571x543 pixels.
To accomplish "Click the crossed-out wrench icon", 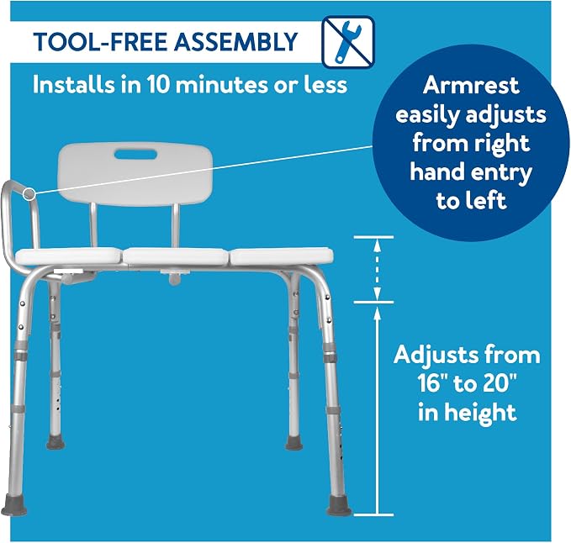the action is [x=348, y=42].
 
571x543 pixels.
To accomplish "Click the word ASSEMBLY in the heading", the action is [x=236, y=41].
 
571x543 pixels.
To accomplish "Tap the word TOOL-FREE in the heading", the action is [x=101, y=41].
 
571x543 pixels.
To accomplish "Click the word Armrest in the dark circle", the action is [x=471, y=85].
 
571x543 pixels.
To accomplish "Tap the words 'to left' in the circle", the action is [x=471, y=201].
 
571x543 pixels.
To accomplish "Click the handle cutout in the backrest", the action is [x=135, y=155].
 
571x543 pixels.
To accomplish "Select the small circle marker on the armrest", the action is [x=29, y=194].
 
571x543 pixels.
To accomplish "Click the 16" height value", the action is [x=433, y=383].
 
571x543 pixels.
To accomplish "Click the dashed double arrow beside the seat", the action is [x=378, y=270].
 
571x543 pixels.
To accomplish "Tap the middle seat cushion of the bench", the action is [x=176, y=256].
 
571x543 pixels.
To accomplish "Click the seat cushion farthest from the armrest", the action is [x=282, y=256].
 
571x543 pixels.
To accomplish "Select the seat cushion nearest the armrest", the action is [x=68, y=256].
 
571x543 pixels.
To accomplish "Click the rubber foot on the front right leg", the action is [x=338, y=506].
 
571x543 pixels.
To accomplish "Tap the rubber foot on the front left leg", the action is [x=13, y=505].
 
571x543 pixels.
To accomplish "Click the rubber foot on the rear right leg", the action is [x=293, y=442].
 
